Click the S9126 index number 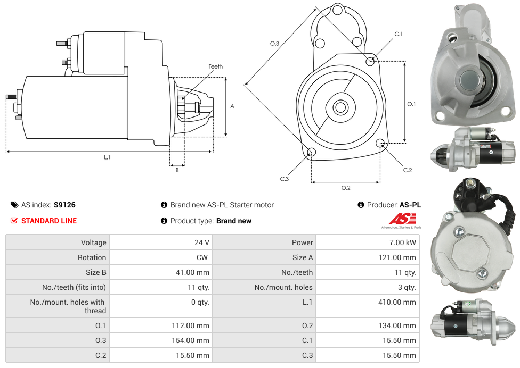click(x=64, y=205)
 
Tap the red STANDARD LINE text click(x=48, y=221)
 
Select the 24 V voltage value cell click(x=201, y=242)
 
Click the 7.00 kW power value click(x=404, y=242)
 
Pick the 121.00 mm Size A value click(x=394, y=257)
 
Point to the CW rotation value click(x=204, y=257)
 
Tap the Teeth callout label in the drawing click(x=216, y=66)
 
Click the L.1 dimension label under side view click(x=107, y=157)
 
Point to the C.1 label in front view click(x=399, y=34)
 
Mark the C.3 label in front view click(x=285, y=179)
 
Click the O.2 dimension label click(x=346, y=188)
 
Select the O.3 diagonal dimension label click(x=274, y=44)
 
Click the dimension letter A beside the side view click(x=232, y=106)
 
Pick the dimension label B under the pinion click(x=177, y=170)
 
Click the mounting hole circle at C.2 click(x=380, y=143)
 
